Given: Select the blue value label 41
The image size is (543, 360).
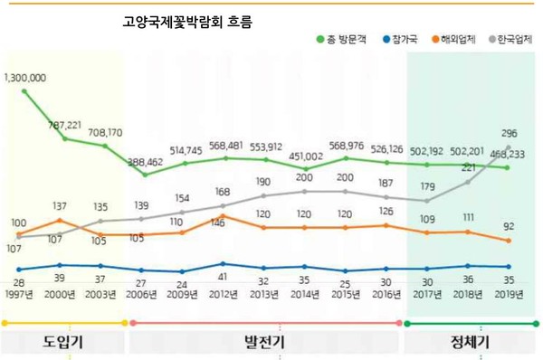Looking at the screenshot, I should coord(224,278).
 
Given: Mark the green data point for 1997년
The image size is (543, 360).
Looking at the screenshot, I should coord(24,91).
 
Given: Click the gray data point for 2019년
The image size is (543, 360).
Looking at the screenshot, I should coord(508,147).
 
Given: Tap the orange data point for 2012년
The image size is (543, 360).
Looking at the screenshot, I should coord(224,215).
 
